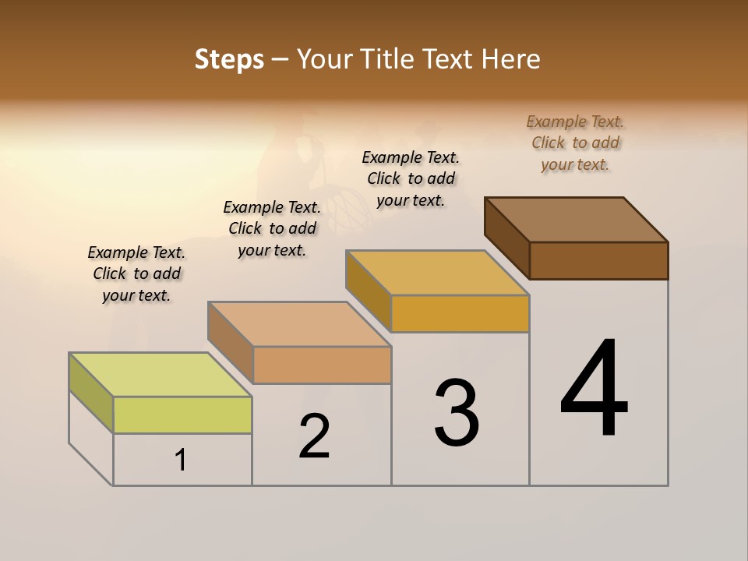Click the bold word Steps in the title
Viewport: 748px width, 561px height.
[229, 59]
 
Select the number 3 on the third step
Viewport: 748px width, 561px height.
[457, 413]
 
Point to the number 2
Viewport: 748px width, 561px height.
[315, 437]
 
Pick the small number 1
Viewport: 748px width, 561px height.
[181, 460]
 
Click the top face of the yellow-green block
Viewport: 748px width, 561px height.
[160, 375]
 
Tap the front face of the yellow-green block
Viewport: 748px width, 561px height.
[182, 415]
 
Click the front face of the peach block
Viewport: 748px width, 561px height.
[322, 365]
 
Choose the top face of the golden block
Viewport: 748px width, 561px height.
[437, 273]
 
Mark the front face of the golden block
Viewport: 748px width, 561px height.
[460, 314]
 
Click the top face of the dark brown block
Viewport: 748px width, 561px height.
[576, 220]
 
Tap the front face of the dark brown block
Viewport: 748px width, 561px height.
[598, 260]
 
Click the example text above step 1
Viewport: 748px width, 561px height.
[136, 273]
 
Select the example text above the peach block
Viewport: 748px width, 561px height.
[272, 228]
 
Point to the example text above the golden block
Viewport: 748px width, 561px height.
[411, 178]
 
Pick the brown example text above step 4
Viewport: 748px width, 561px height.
[575, 143]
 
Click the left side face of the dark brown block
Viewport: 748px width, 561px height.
[507, 238]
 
